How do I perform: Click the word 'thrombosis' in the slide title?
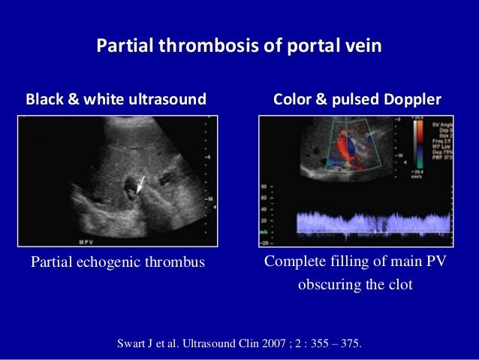(x=200, y=47)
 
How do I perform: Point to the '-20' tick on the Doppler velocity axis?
(x=264, y=242)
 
